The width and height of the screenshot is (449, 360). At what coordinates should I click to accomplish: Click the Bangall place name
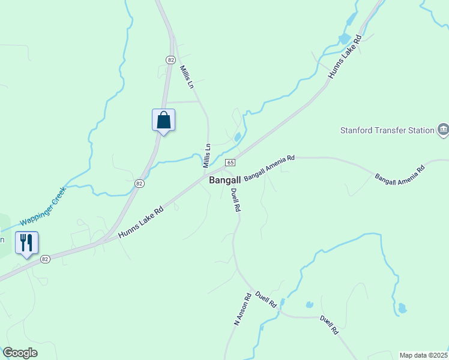[x=225, y=180]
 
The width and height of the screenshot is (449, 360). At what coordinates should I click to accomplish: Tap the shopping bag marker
[x=163, y=120]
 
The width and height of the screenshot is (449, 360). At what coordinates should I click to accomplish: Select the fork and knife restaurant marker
[x=26, y=243]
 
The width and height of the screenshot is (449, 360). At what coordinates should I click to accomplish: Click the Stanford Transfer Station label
[x=387, y=130]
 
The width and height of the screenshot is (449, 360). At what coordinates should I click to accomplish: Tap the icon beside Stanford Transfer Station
[x=443, y=130]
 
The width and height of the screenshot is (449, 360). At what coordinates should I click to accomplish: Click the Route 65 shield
[x=230, y=163]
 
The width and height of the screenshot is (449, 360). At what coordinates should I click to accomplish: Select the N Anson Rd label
[x=243, y=309]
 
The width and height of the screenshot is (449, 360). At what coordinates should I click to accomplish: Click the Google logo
[x=20, y=353]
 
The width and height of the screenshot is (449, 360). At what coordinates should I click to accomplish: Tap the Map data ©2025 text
[x=424, y=355]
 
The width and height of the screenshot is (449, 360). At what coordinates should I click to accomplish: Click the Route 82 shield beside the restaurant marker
[x=45, y=259]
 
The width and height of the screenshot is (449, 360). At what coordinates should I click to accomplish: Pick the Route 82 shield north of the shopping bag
[x=171, y=59]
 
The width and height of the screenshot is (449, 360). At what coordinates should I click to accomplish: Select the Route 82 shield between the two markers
[x=139, y=184]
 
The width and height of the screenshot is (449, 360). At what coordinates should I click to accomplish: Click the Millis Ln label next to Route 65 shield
[x=207, y=155]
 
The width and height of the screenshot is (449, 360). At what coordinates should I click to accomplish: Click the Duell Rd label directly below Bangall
[x=236, y=200]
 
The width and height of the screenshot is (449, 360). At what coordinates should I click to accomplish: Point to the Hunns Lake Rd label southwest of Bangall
[x=141, y=222]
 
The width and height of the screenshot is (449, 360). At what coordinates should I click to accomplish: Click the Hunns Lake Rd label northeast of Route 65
[x=346, y=57]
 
